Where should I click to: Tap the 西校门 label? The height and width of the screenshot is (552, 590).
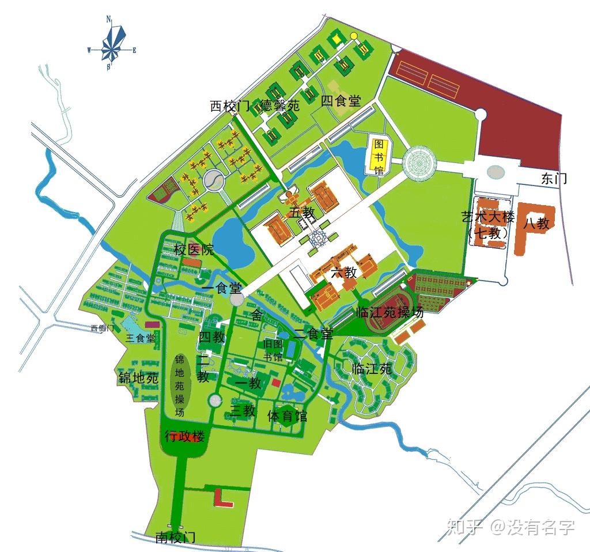(229, 106)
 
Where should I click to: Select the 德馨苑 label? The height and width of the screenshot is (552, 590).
(280, 105)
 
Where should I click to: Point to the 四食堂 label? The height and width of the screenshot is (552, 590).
(341, 101)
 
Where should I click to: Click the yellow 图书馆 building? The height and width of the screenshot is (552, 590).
(379, 156)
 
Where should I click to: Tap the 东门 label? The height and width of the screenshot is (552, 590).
(554, 179)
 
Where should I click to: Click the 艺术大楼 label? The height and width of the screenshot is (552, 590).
(487, 218)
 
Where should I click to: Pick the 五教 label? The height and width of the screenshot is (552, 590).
(302, 213)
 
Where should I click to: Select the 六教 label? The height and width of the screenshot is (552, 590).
(344, 273)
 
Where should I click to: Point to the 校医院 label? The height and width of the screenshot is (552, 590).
(194, 249)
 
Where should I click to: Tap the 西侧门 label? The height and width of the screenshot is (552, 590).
(103, 328)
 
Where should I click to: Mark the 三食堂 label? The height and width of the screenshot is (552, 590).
(140, 338)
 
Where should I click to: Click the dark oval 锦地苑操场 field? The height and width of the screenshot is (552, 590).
(180, 383)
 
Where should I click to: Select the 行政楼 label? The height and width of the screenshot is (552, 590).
(185, 436)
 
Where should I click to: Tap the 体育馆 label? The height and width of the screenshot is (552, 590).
(287, 415)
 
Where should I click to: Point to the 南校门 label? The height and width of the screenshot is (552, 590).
(176, 538)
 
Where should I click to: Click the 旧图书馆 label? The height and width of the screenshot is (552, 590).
(273, 349)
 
